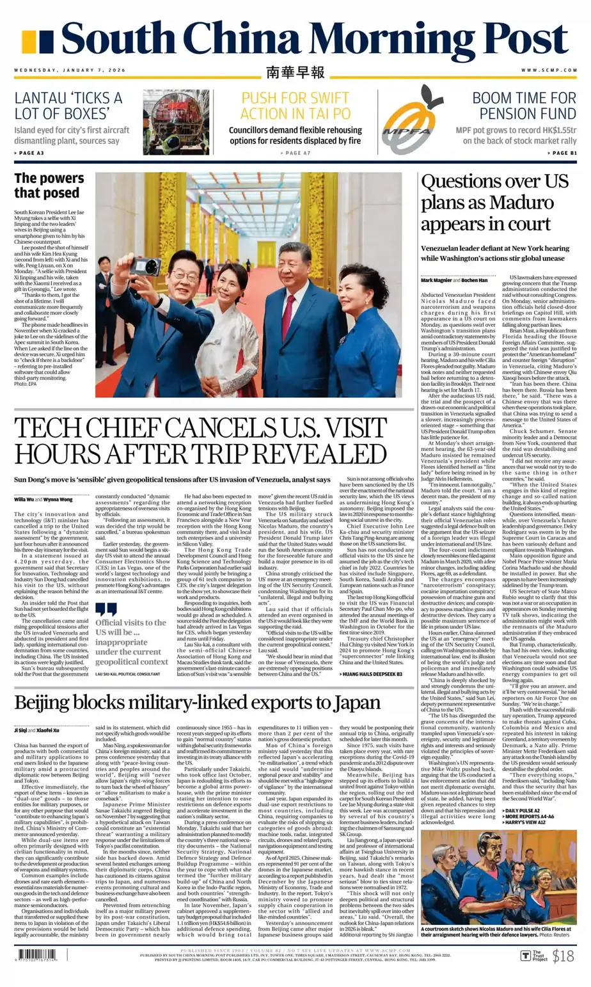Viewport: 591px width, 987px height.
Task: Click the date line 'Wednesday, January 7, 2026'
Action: point(70,70)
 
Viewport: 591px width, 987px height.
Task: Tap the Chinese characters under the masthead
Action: point(295,72)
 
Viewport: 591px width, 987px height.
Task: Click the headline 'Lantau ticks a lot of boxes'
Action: point(68,106)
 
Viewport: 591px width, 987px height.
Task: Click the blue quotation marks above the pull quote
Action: point(106,610)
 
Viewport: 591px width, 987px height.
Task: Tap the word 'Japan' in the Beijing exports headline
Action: point(353,703)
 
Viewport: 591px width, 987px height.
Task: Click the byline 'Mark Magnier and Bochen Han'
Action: point(453,280)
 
